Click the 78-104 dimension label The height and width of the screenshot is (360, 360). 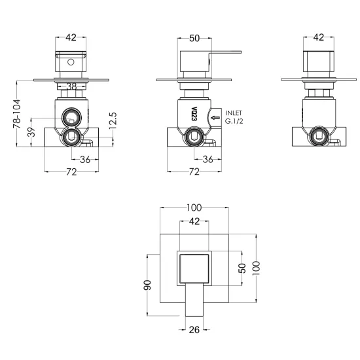click(x=17, y=114)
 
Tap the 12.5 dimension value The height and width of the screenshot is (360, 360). click(x=113, y=121)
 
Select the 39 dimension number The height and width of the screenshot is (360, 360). click(x=31, y=132)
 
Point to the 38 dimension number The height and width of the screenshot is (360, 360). click(x=71, y=86)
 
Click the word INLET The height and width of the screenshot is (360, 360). click(x=234, y=113)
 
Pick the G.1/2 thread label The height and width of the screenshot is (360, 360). click(x=234, y=121)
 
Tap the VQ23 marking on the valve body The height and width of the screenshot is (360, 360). click(x=194, y=114)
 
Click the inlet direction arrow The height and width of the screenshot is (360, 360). click(x=215, y=118)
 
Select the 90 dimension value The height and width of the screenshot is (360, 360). click(x=148, y=285)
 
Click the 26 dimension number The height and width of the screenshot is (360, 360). click(x=194, y=330)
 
